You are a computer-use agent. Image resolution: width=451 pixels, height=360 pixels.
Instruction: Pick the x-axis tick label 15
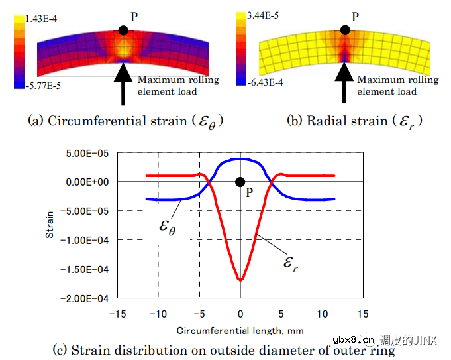click(x=362, y=313)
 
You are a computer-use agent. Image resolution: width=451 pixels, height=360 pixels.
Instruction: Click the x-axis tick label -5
click(x=199, y=313)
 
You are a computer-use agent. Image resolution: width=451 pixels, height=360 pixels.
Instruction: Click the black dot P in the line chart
click(x=240, y=182)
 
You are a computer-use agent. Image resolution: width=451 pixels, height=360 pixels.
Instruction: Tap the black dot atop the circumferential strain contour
click(x=123, y=30)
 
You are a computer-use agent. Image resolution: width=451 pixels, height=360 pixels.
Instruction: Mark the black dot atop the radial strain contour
click(x=344, y=30)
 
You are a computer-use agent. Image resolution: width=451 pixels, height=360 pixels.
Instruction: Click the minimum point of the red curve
click(x=240, y=280)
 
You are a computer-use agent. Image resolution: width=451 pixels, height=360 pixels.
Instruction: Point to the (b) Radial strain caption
click(x=354, y=121)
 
